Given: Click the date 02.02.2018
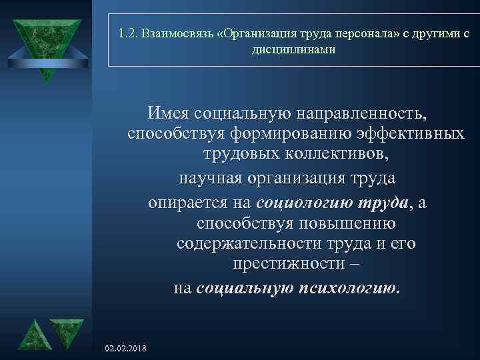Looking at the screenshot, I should pyautogui.click(x=127, y=349).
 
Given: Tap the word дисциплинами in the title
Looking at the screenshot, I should pyautogui.click(x=294, y=49).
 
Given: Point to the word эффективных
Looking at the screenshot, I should pyautogui.click(x=413, y=133).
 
